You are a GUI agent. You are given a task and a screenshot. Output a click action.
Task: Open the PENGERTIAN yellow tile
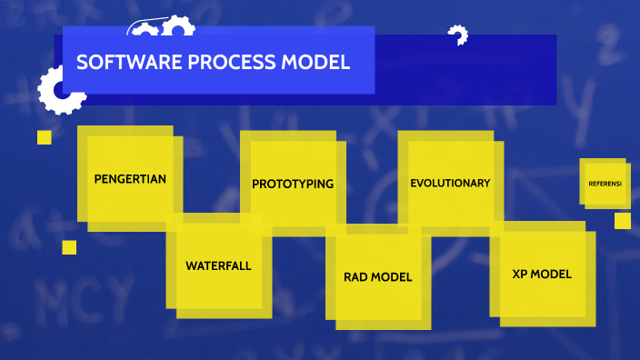[130, 179]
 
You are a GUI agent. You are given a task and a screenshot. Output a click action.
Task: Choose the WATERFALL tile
[218, 266]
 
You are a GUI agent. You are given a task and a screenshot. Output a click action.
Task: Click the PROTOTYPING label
[293, 184]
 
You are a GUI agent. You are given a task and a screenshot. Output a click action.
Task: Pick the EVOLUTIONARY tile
[450, 183]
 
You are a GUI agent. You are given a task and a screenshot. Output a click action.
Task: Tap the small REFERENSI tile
[605, 184]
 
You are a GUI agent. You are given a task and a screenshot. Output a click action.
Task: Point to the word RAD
[356, 277]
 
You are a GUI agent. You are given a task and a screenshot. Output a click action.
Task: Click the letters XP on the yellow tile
[521, 274]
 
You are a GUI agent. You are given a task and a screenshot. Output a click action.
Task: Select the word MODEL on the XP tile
[552, 274]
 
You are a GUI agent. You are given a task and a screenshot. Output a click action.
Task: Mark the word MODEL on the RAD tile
[392, 277]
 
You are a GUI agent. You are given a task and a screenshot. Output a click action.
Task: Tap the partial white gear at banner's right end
[457, 36]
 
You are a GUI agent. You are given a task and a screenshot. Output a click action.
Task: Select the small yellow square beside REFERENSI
[622, 221]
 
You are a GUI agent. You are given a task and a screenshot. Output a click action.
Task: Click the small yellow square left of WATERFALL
[69, 247]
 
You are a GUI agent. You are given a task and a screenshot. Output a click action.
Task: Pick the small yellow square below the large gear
[44, 137]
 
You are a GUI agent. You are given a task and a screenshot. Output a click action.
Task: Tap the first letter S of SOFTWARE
[81, 63]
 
